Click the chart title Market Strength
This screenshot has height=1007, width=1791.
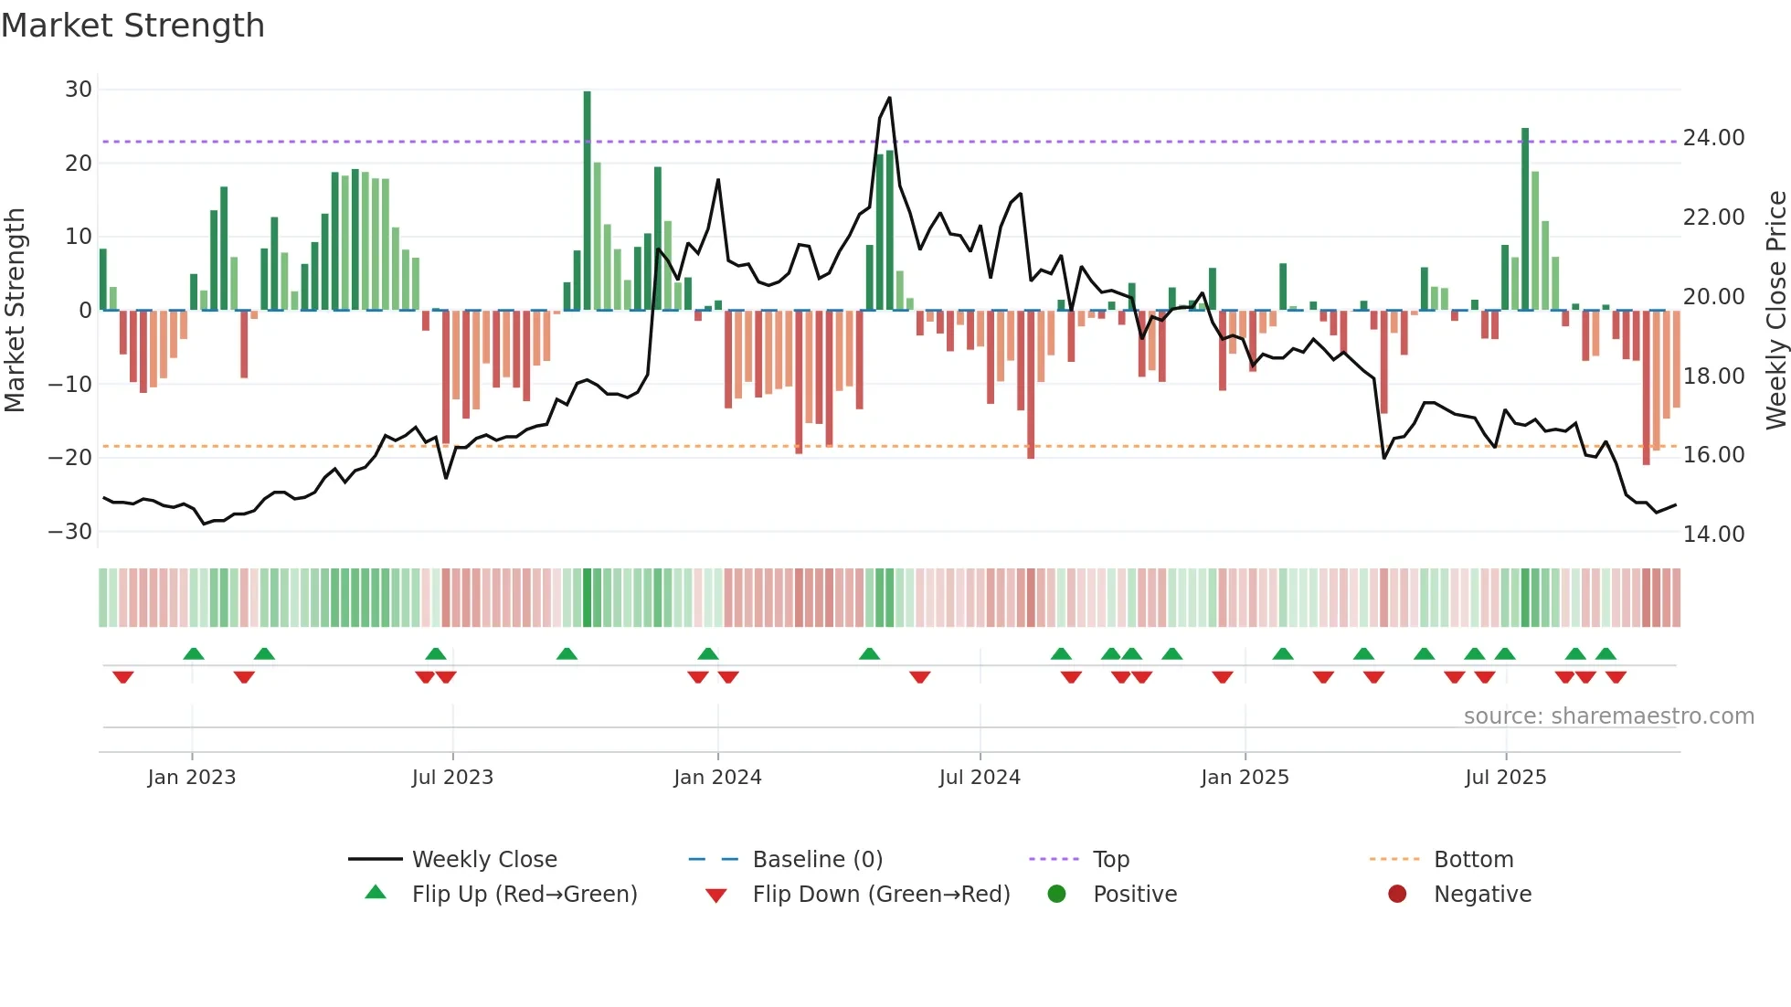click(132, 26)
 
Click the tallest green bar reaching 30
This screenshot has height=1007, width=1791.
click(587, 201)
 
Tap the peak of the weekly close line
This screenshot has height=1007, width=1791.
click(889, 99)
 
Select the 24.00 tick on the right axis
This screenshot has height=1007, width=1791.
click(1713, 138)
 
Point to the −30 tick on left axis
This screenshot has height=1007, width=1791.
click(70, 532)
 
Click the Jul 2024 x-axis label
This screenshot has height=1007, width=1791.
click(979, 778)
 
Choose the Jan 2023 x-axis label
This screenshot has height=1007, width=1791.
click(192, 778)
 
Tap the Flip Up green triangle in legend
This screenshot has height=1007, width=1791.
click(376, 893)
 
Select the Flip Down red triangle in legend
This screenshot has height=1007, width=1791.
click(716, 896)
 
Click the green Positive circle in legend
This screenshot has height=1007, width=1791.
click(1056, 894)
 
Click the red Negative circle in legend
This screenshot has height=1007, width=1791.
click(1397, 894)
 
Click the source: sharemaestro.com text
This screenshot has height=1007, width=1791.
click(1608, 716)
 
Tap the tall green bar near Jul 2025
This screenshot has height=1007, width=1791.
click(1525, 219)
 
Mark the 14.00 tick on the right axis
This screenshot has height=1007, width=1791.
click(1713, 535)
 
